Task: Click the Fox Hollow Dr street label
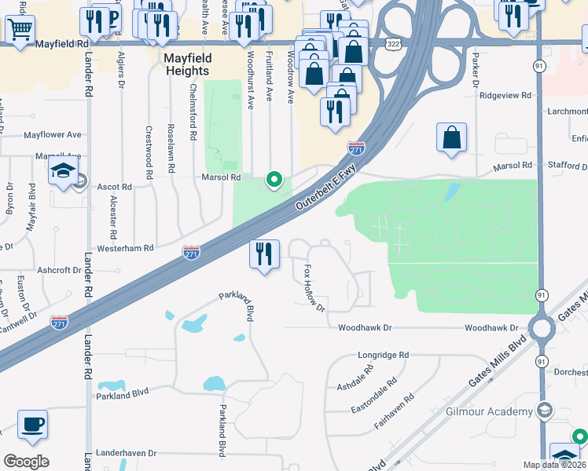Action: (314, 287)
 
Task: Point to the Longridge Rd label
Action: (383, 355)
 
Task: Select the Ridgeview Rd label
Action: (505, 95)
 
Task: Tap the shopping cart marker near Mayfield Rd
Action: (20, 29)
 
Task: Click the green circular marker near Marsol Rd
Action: (274, 181)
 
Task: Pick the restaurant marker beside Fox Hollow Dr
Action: (264, 254)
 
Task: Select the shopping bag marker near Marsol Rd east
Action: (452, 137)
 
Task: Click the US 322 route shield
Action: (395, 46)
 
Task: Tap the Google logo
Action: (26, 461)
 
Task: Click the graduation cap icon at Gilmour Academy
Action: (544, 411)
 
